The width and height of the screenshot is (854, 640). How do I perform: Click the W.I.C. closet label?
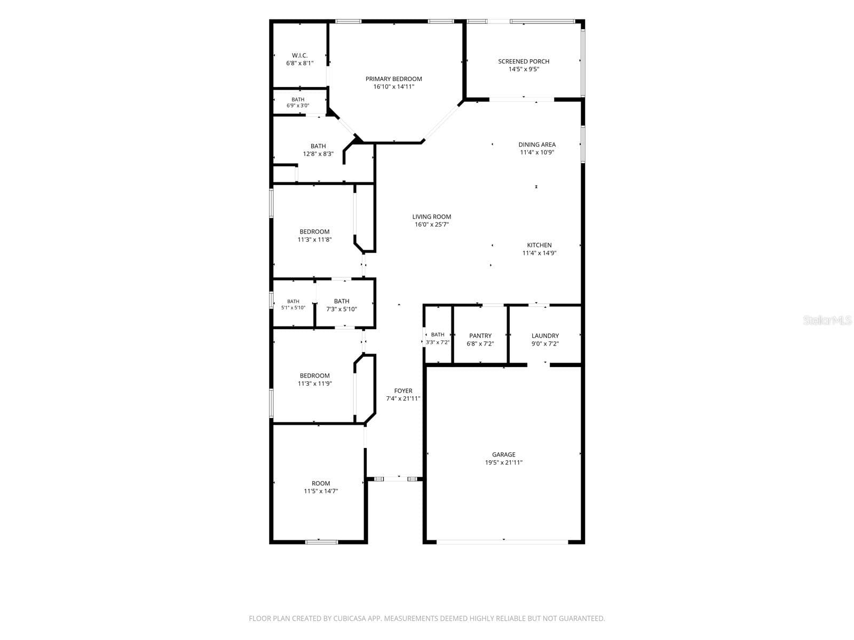coord(299,55)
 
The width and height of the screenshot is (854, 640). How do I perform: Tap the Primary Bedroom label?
coord(394,79)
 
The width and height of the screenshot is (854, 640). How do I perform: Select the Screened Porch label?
coord(524,61)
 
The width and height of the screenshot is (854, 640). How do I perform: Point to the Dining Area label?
coord(537,145)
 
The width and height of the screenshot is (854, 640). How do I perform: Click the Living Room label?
coord(432,217)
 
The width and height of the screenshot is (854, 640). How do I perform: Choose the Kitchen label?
coord(539,245)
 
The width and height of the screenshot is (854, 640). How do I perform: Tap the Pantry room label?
coord(480,336)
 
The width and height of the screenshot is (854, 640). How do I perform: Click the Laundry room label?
coord(545,336)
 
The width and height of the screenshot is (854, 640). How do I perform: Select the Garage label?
coord(504,454)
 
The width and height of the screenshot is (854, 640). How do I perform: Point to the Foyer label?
coord(403,391)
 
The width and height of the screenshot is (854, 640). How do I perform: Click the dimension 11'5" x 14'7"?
coord(321,491)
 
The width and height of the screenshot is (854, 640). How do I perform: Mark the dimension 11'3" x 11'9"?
coord(315,383)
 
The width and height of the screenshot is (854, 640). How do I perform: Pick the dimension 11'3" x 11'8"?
coord(315,240)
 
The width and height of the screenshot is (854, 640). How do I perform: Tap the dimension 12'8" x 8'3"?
coord(318,154)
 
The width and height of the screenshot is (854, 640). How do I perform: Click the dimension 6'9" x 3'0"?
coord(298,106)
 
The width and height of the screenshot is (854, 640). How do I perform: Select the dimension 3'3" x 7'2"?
coord(438,342)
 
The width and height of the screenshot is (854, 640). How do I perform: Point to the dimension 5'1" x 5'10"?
coord(294,308)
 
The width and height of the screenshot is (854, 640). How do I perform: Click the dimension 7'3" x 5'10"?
coord(342,309)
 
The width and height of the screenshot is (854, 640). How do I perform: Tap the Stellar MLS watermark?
coord(827,320)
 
